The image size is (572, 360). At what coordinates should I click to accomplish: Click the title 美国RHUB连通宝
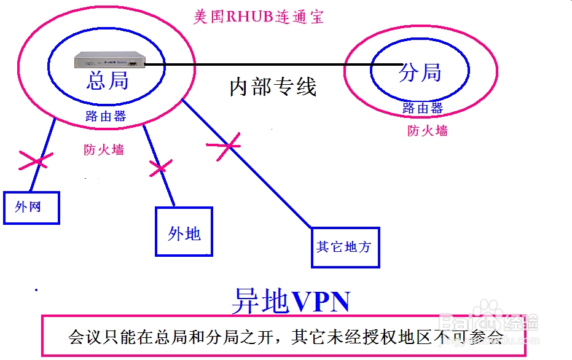pos(258,17)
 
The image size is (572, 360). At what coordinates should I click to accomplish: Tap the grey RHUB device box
pos(110,60)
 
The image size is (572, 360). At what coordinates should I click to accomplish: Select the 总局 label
pos(108,80)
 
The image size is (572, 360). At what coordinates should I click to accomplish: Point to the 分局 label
pos(420,72)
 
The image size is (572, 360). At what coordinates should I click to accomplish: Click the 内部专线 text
pos(273,87)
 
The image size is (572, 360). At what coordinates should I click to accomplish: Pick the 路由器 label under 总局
pos(106,116)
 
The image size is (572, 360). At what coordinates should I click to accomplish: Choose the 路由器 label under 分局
pos(423,108)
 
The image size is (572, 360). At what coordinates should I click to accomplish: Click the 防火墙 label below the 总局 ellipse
pos(104,149)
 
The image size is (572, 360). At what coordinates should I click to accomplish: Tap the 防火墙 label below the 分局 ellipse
pos(428,131)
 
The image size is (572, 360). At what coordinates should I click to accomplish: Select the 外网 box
pos(31,208)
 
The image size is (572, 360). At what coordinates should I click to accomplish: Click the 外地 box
pos(184,232)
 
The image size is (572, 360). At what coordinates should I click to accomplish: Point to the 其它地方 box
pos(345,248)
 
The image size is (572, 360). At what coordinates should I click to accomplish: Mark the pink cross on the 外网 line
pos(36,161)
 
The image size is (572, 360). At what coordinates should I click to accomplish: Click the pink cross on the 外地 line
pos(160,168)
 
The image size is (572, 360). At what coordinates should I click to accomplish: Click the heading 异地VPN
pos(291,301)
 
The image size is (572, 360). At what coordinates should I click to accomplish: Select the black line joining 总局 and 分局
pos(273,65)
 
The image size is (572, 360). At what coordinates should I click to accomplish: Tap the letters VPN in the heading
pos(321,302)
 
